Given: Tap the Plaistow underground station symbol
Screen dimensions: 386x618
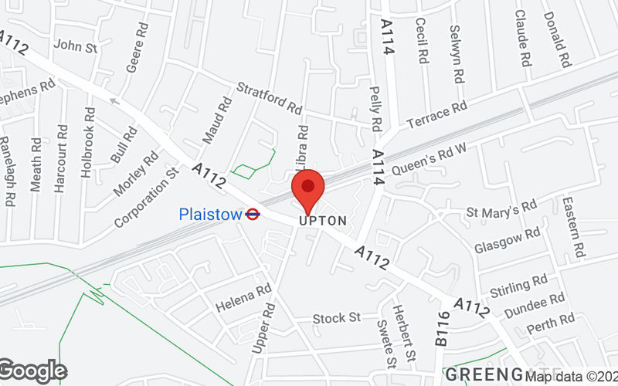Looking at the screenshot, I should [x=252, y=214].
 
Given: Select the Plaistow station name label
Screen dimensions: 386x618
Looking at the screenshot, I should [x=210, y=214].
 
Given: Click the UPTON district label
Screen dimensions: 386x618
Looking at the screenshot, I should [x=322, y=221].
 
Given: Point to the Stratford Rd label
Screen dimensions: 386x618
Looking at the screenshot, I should [x=269, y=96].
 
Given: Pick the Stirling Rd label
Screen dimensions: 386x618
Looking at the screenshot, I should [x=518, y=286].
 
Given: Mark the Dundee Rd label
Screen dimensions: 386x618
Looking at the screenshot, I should [x=535, y=305].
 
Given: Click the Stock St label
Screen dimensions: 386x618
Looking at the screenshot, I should [x=337, y=317].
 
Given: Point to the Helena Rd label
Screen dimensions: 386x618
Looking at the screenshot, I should [x=243, y=294].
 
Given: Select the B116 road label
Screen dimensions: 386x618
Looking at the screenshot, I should [x=442, y=330].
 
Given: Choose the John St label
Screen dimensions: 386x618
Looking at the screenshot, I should [x=75, y=47].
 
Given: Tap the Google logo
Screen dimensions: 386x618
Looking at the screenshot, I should [x=32, y=371].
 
